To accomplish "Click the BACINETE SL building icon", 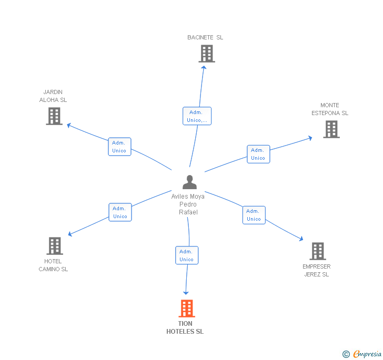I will click(207, 54).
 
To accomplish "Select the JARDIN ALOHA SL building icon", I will click(54, 116).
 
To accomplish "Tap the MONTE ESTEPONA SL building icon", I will click(331, 129).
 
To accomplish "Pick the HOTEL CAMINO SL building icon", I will click(55, 245).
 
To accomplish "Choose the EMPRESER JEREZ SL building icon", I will click(317, 251).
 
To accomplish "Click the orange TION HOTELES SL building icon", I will click(187, 308).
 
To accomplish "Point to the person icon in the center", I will click(189, 182).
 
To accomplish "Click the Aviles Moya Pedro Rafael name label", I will click(188, 204).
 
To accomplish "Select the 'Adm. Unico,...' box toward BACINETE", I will click(197, 116).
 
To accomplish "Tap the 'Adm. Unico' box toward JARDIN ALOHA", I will click(119, 147).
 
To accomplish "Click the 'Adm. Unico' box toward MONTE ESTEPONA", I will click(258, 154).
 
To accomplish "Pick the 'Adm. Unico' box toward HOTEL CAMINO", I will click(120, 212).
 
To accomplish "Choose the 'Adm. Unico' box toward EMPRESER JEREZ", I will click(254, 215).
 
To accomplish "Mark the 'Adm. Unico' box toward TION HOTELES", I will click(187, 255).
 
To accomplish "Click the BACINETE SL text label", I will click(205, 37).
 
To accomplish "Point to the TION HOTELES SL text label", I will click(185, 327).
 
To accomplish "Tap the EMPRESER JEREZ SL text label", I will click(317, 270).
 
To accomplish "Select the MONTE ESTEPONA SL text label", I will click(330, 109).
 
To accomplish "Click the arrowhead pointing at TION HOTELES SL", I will click(185, 292).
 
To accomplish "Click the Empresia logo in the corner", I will click(362, 354).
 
